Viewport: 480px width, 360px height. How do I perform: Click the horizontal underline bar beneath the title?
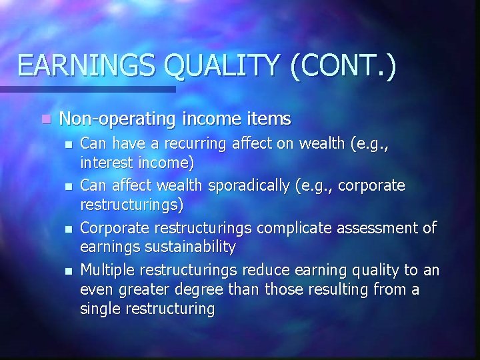pos(87,89)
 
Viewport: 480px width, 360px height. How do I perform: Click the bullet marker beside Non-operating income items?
pos(44,120)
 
